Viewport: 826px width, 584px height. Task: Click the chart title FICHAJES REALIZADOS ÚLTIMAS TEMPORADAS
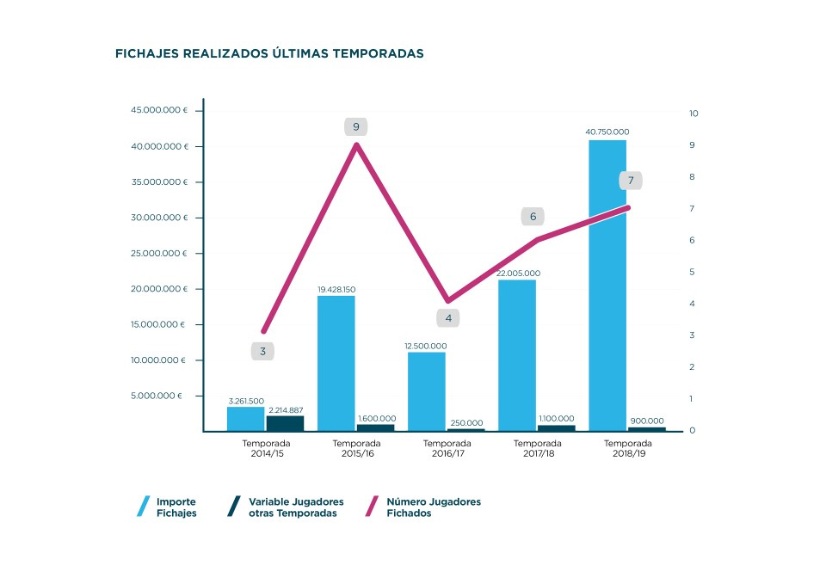pyautogui.click(x=268, y=53)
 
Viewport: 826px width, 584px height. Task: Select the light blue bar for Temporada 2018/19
pyautogui.click(x=607, y=284)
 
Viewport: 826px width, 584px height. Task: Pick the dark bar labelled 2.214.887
pyautogui.click(x=285, y=423)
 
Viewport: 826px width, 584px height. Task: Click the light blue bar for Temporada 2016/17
pyautogui.click(x=427, y=391)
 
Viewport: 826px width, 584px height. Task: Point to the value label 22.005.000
pyautogui.click(x=516, y=274)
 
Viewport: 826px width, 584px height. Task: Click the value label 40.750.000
pyautogui.click(x=607, y=132)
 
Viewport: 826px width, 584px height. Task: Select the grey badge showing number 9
pyautogui.click(x=356, y=127)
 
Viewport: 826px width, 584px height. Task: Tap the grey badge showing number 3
pyautogui.click(x=262, y=351)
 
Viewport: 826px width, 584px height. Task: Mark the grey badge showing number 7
pyautogui.click(x=631, y=181)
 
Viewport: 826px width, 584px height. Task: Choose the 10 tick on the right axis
pyautogui.click(x=693, y=114)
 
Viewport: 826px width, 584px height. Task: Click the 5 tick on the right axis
pyautogui.click(x=693, y=272)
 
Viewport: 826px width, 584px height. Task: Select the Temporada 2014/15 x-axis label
pyautogui.click(x=266, y=448)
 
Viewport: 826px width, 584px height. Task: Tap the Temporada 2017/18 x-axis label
pyautogui.click(x=538, y=448)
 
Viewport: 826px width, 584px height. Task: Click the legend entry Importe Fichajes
pyautogui.click(x=176, y=507)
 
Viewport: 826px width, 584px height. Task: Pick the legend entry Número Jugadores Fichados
pyautogui.click(x=433, y=507)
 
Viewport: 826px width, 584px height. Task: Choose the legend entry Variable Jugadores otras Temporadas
pyautogui.click(x=295, y=507)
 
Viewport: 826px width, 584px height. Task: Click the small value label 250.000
pyautogui.click(x=465, y=423)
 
